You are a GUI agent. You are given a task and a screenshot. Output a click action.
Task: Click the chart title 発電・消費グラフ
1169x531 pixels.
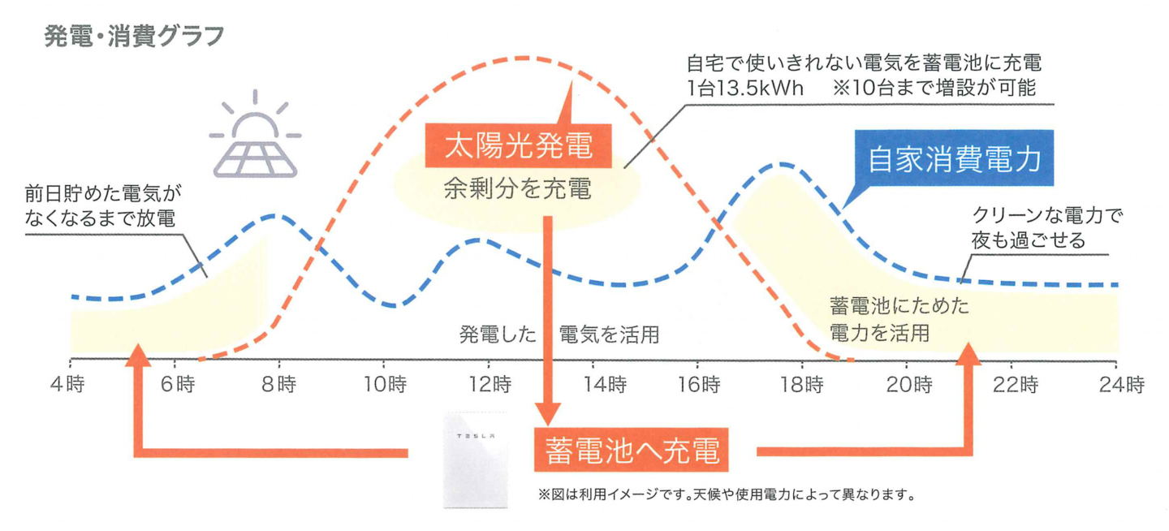[x=133, y=37]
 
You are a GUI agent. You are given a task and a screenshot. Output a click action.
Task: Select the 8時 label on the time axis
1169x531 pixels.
[x=280, y=384]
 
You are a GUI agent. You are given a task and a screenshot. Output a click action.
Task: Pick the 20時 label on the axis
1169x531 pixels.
[x=909, y=384]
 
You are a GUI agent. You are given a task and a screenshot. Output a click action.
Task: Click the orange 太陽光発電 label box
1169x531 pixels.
[x=520, y=147]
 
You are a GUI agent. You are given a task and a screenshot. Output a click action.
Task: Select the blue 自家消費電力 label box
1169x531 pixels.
[x=954, y=159]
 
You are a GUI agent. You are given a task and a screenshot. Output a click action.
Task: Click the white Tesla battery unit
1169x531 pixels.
[x=474, y=459]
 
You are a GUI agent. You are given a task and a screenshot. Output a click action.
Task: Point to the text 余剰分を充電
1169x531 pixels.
[x=518, y=191]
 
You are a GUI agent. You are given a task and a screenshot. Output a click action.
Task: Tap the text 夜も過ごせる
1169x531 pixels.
[x=1028, y=240]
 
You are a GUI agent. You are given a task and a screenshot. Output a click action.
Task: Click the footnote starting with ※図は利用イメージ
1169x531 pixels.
[x=726, y=494]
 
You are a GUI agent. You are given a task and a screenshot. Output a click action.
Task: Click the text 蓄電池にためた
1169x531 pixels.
[x=899, y=307]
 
